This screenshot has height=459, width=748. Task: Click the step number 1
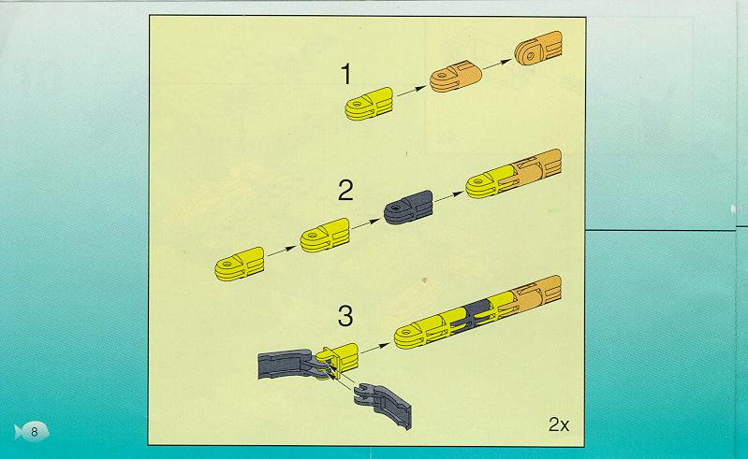(x=346, y=75)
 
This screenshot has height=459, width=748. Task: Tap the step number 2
(x=345, y=191)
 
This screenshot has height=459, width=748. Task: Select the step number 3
(x=345, y=316)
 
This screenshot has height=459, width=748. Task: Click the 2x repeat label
(x=559, y=424)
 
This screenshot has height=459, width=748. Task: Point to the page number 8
(x=34, y=432)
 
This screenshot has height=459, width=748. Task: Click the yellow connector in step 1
(x=369, y=104)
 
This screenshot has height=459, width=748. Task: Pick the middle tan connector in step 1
(x=455, y=76)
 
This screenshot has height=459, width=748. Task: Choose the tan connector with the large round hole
(x=538, y=48)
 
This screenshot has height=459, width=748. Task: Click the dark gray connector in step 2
(x=409, y=208)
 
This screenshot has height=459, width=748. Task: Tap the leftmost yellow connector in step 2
(x=240, y=264)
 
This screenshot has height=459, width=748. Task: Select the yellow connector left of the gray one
(x=325, y=235)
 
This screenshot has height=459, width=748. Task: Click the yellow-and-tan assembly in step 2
(x=513, y=174)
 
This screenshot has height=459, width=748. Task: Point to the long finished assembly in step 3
(x=478, y=312)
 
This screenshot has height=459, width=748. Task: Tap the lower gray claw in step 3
(x=384, y=403)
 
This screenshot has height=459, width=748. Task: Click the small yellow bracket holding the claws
(x=341, y=358)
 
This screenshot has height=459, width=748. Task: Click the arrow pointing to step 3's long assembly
(x=375, y=348)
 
